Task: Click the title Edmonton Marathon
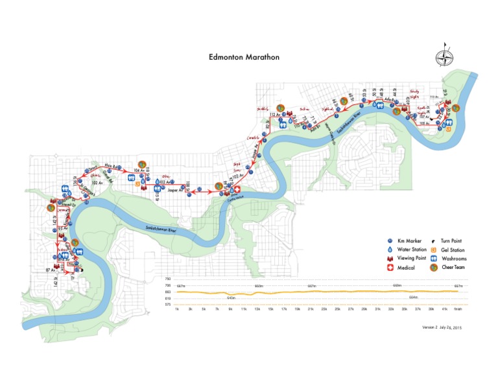[244, 57]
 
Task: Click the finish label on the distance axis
[458, 309]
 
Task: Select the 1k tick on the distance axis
[176, 309]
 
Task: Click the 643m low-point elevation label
[231, 297]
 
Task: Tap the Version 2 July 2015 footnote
[444, 328]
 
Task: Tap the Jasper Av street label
[172, 191]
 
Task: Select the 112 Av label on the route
[274, 114]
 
